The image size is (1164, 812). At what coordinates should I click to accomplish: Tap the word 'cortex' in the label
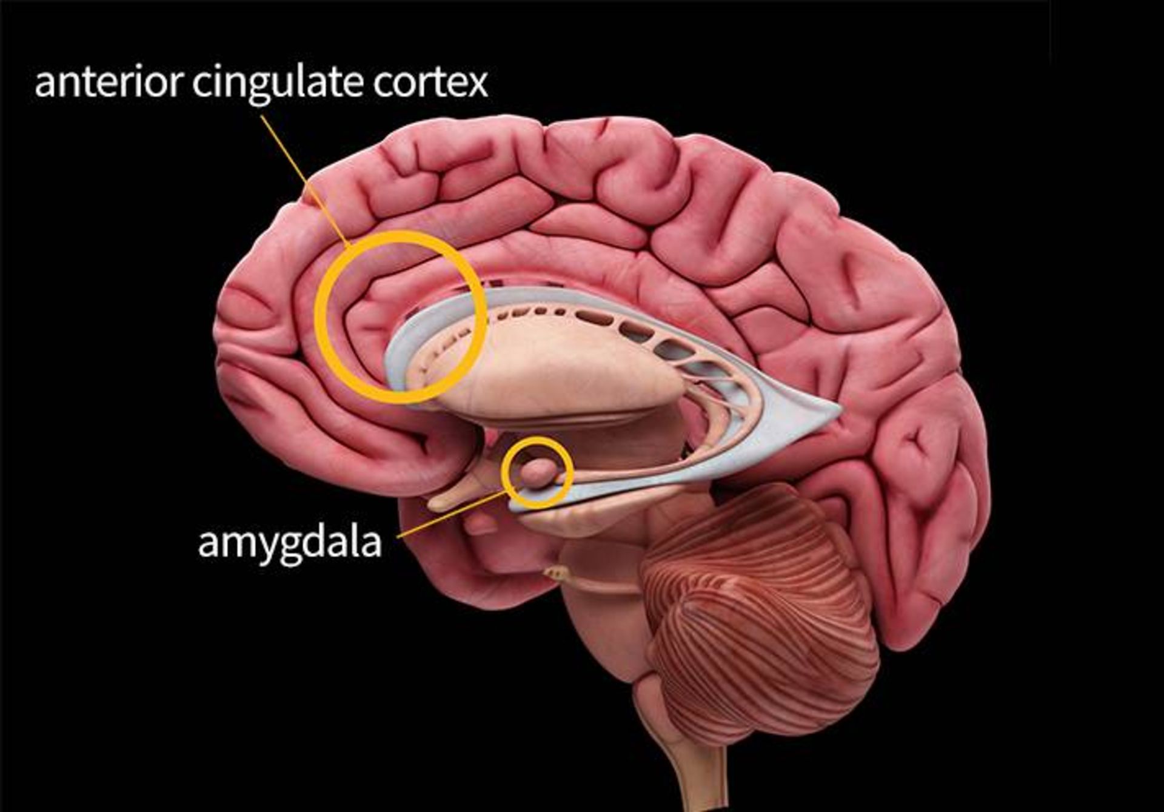pyautogui.click(x=430, y=83)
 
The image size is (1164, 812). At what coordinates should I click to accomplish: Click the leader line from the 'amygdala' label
pyautogui.click(x=449, y=515)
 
